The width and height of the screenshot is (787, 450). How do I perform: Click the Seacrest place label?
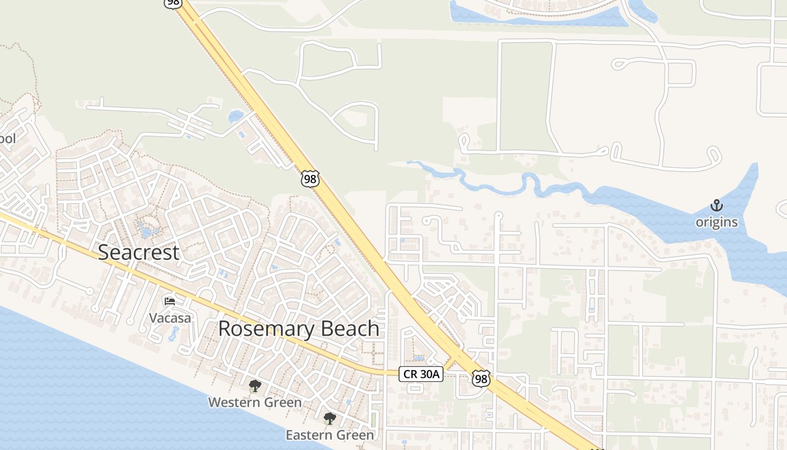pos(138,252)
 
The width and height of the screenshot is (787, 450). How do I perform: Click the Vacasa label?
pos(170,318)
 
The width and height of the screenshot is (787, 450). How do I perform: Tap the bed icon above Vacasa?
pos(170,301)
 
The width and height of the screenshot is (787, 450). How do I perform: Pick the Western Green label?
pos(255,402)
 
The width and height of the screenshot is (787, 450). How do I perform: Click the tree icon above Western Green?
pos(255,386)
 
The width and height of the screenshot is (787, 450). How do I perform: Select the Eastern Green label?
pos(329,435)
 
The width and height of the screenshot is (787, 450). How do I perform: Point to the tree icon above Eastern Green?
pos(329,418)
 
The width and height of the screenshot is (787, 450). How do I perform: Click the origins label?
pos(717,222)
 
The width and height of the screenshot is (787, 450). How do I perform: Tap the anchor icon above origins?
pos(717,205)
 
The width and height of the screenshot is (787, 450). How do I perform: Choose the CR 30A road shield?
pos(421,373)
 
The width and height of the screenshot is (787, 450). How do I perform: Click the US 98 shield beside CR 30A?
pos(481,379)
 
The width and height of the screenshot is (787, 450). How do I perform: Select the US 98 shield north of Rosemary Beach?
pos(310,179)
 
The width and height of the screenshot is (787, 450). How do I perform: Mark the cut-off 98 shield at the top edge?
pos(173,3)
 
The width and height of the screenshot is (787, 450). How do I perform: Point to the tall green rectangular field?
pos(525,96)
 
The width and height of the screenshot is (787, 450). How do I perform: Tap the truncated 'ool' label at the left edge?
pos(8,138)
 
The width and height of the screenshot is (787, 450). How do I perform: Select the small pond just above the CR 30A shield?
pos(418,357)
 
